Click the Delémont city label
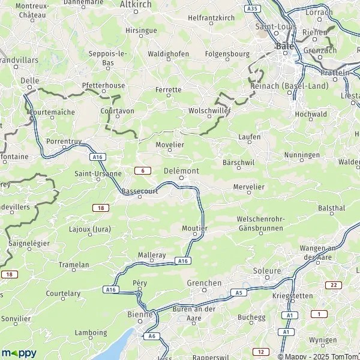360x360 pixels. pos(181,170)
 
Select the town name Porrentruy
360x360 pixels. pos(64,142)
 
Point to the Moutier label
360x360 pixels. pos(194,229)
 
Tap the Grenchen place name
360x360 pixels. pos(204,283)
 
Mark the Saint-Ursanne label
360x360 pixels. pos(98,173)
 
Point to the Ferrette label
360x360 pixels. pos(168,90)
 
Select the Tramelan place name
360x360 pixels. pos(74,265)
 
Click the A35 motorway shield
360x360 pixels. pos(253,9)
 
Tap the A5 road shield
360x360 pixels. pos(238,292)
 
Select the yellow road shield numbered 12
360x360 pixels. pos(259,352)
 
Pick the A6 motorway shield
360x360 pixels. pos(152,336)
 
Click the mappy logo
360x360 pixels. pos(19,353)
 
